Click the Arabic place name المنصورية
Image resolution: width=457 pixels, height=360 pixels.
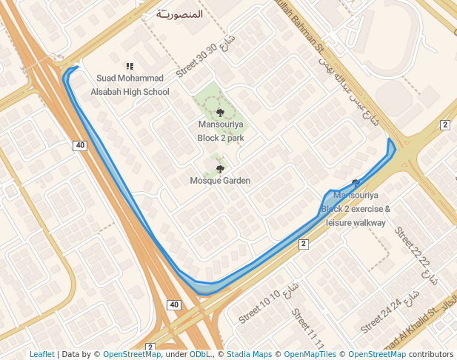tap(181, 14)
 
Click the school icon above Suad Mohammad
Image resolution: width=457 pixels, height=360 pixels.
tap(130, 66)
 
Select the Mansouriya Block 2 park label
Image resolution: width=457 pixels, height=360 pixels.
tap(221, 131)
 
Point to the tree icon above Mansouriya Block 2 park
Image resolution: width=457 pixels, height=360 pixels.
tap(221, 113)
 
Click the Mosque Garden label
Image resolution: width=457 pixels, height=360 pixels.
tap(220, 181)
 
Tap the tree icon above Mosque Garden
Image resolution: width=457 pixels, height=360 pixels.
tap(220, 169)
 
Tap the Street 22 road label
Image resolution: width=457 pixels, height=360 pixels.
tap(413, 247)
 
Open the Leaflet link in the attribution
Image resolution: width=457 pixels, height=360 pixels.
tap(41, 354)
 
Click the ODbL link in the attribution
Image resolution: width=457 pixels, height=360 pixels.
tap(199, 354)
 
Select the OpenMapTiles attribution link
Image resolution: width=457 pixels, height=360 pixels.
tap(310, 354)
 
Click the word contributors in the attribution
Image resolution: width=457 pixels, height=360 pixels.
tap(430, 354)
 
